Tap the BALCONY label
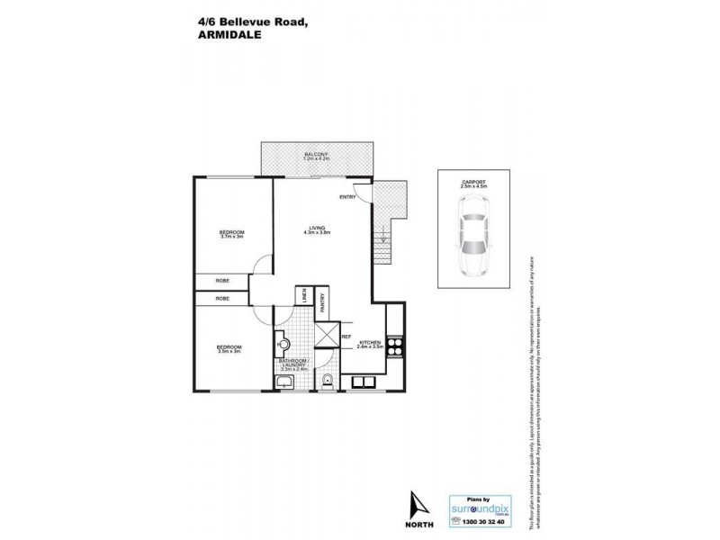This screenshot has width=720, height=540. pos(315,155)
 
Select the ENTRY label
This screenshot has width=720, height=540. pos(348,196)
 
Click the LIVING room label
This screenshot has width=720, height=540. pos(317,229)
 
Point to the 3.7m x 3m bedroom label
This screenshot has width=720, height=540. pos(232,234)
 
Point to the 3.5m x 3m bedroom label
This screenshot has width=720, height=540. pos(229,348)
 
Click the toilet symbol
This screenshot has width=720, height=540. pos(328,382)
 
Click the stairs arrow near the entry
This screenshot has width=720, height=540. pos(382,238)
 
